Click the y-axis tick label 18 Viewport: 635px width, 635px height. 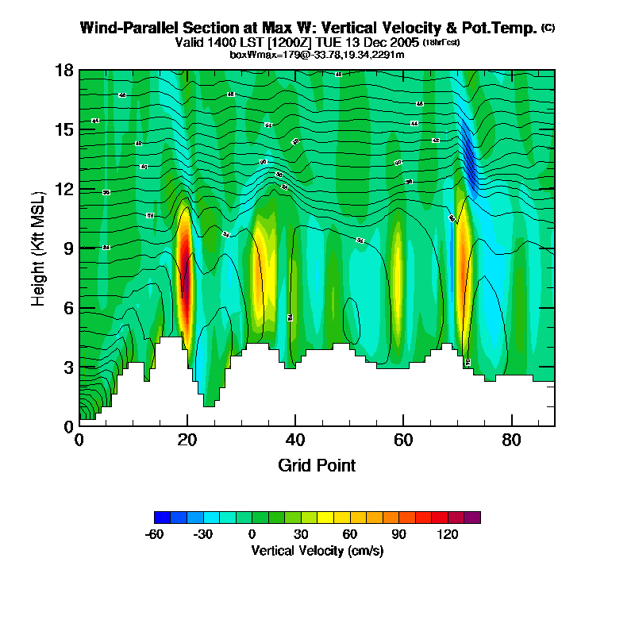click(63, 71)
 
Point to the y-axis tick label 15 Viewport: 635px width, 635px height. click(63, 129)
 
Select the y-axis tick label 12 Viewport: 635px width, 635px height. click(63, 189)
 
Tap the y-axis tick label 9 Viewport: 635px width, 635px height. click(68, 248)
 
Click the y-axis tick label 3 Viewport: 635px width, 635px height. click(68, 367)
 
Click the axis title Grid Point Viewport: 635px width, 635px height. click(317, 465)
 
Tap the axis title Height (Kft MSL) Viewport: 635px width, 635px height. click(38, 248)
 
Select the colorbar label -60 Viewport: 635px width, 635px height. click(154, 534)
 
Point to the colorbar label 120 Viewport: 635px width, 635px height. click(448, 534)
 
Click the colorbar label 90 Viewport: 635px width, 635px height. click(398, 534)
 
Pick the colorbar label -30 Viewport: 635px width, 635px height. click(203, 534)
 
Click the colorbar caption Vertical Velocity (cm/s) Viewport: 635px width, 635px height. click(317, 551)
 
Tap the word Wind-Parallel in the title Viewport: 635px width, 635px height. click(126, 28)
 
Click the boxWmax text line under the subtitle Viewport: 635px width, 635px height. click(317, 54)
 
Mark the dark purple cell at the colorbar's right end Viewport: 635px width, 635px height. click(472, 518)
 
